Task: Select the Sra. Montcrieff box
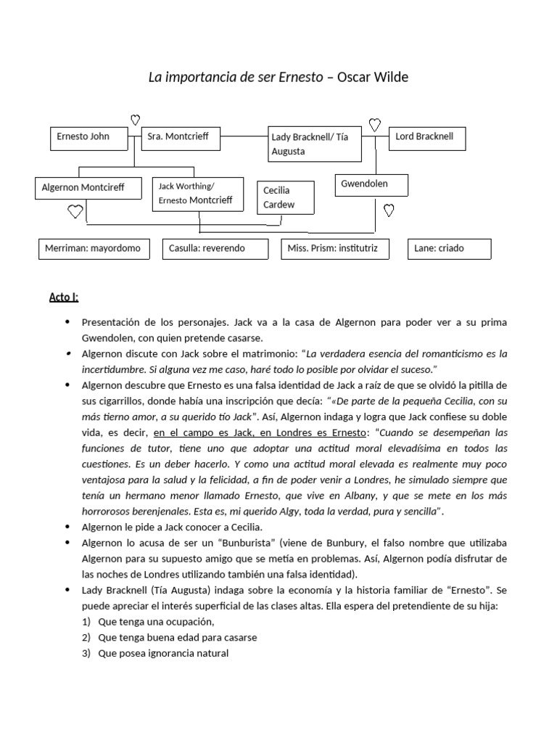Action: tap(179, 139)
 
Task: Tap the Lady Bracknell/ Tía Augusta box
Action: tap(314, 143)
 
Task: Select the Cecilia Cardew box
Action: tap(286, 197)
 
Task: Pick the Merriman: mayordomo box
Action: tap(94, 249)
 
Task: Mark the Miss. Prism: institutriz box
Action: tap(334, 249)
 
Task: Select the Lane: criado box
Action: tap(449, 249)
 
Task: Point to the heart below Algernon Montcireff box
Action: tap(75, 212)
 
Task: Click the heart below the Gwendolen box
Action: tap(388, 211)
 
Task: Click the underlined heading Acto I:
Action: tap(64, 297)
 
